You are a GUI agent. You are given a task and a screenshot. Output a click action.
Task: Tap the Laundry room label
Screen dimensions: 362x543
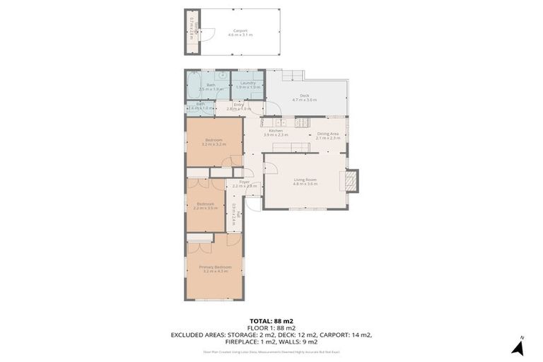point(247,83)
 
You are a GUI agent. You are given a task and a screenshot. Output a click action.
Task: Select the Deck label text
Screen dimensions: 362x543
point(304,95)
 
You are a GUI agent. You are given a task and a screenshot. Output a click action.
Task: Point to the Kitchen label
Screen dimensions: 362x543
point(275,131)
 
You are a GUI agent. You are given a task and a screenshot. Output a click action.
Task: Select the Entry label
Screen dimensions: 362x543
point(239,105)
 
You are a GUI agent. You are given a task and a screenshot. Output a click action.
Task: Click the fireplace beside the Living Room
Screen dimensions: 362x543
point(351,181)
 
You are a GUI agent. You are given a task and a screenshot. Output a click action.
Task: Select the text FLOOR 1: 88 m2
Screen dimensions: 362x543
point(271,328)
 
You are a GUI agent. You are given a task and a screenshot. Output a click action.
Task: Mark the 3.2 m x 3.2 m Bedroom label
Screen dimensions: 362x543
point(214,142)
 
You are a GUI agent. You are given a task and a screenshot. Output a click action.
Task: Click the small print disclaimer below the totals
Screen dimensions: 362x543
point(271,351)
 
